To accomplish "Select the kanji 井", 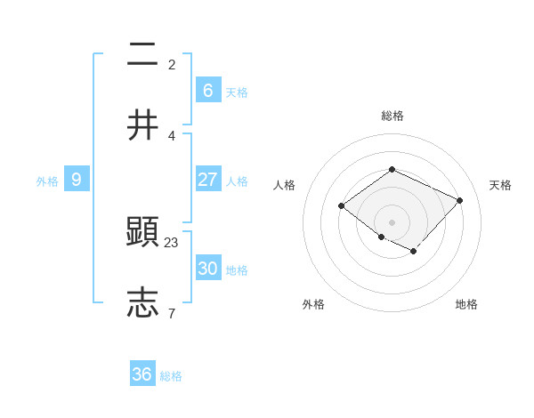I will click(x=143, y=125).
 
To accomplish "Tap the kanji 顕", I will click(x=143, y=232).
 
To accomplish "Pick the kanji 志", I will click(x=143, y=302).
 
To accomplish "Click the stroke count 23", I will click(x=172, y=242).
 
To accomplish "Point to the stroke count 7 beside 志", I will click(x=171, y=313).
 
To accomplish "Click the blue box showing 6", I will click(x=208, y=91).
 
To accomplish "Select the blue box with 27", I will click(x=208, y=180).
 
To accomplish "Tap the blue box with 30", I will click(x=208, y=269).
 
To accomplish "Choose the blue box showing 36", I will click(x=142, y=374).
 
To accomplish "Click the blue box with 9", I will click(x=77, y=180).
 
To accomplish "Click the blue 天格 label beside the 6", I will click(x=237, y=92).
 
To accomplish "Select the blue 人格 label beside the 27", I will click(x=237, y=181).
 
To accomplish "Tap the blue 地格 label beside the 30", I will click(x=237, y=270).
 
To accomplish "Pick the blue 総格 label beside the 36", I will click(x=171, y=376).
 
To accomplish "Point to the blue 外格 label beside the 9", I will click(x=47, y=181).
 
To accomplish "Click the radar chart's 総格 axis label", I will click(x=392, y=116).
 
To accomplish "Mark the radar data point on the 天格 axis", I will click(x=459, y=200).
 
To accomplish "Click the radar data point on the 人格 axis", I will click(x=342, y=206).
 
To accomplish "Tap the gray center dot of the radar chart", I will click(x=392, y=221).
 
